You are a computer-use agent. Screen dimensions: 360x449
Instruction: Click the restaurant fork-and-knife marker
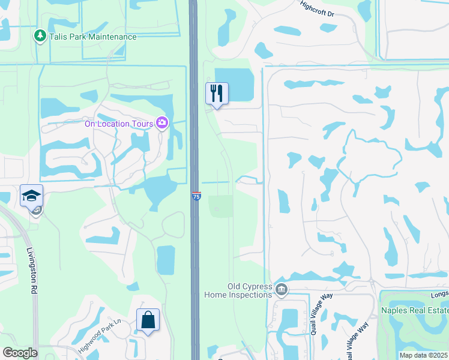coord(217,94)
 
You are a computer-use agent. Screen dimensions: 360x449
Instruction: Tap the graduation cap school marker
coord(31,196)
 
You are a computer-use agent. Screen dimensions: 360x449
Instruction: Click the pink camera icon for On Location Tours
coord(161,123)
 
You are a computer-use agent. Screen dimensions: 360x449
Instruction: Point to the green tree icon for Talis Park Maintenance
coord(40,36)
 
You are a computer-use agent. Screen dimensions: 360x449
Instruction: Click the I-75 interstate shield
coord(196,196)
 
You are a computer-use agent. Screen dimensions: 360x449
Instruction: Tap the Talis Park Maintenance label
coord(93,37)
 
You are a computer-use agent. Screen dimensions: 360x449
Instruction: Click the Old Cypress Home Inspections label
coord(238,290)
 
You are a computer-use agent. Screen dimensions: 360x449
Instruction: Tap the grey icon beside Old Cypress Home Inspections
coord(281,290)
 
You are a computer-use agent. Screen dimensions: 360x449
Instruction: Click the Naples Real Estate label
coord(415,310)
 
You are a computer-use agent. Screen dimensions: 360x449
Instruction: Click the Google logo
coord(20,353)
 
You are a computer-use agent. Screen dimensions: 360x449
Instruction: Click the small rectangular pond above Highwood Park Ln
coord(166,260)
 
